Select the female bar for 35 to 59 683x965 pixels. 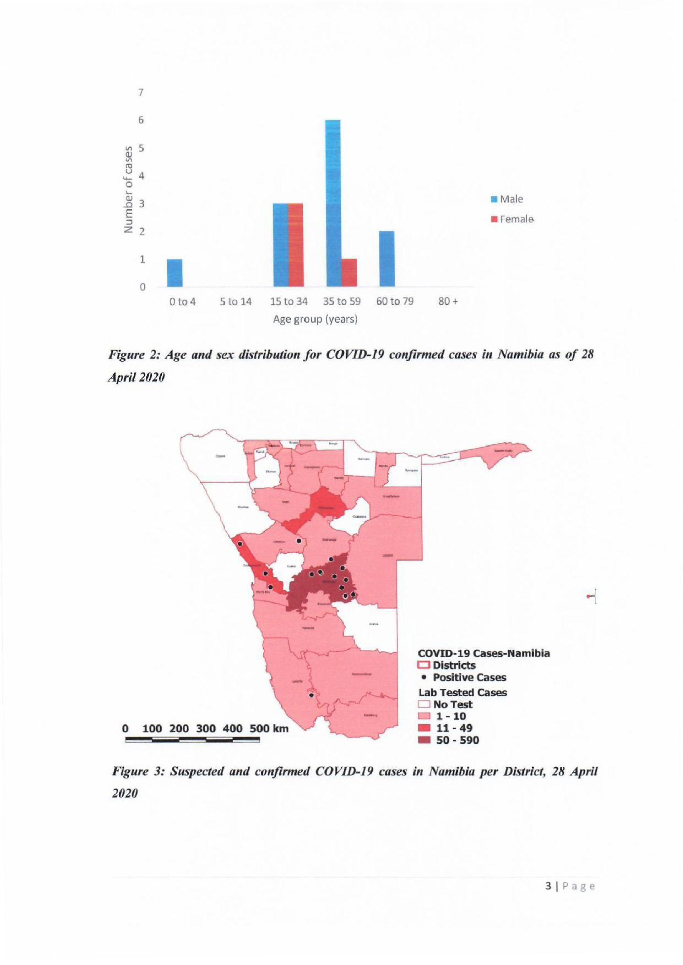[x=349, y=272]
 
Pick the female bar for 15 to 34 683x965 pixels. [x=295, y=245]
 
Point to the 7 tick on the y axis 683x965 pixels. [x=141, y=92]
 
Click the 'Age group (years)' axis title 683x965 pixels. [x=315, y=320]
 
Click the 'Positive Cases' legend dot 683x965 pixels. [x=424, y=677]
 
